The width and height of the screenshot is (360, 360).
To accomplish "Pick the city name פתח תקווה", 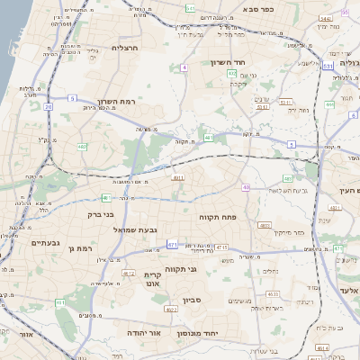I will click(217, 217).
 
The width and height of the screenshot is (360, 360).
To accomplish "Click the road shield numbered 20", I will click(48, 106).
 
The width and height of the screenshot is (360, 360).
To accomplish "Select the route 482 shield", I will click(82, 146).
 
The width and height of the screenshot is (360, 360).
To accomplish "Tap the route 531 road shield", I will click(328, 66).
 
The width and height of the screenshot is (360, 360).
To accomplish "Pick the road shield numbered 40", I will click(208, 137).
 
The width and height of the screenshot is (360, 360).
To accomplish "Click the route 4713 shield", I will click(222, 246).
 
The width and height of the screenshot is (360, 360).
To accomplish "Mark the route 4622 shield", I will click(170, 310).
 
